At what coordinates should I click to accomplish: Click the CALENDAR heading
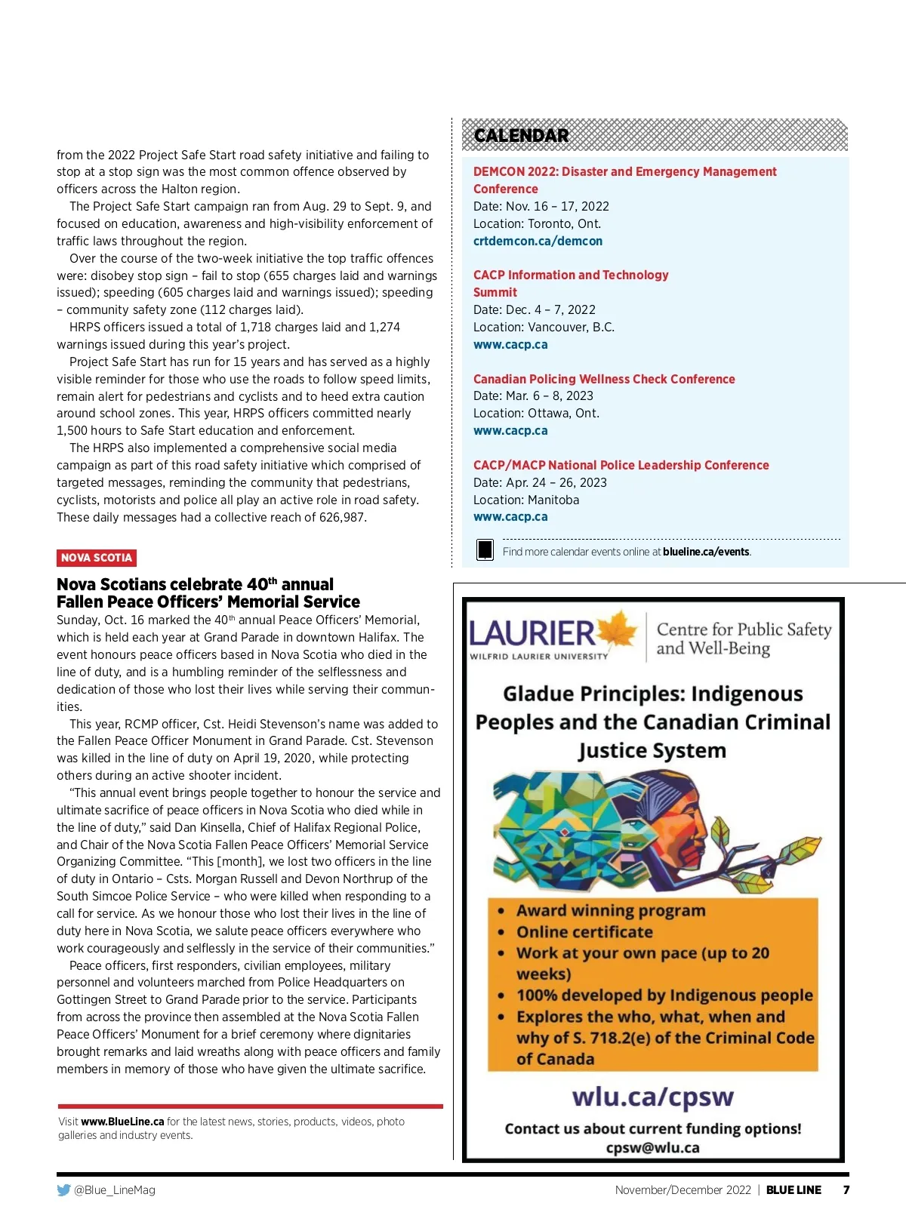coord(521,136)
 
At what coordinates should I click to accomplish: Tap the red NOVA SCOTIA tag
coord(97,558)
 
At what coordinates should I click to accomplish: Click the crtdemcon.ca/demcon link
coord(538,241)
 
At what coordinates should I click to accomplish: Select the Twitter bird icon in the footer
coord(63,1190)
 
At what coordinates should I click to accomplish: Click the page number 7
coord(846,1190)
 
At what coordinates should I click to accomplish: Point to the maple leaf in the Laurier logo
coord(619,629)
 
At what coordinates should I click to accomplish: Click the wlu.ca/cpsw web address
coord(652,1097)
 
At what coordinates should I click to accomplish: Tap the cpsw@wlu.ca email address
coord(652,1148)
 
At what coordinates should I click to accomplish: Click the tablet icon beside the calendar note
coord(485,549)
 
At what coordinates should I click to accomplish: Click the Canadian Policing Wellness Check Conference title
coord(604,379)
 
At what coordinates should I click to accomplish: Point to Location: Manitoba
coord(526,500)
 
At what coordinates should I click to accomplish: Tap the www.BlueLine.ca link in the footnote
coord(122,1122)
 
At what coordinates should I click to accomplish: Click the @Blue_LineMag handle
coord(115,1190)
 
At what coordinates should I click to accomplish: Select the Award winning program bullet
coord(611,911)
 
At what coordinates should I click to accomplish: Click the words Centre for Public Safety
coord(744,629)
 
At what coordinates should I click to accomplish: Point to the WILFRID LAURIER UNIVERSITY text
coord(538,656)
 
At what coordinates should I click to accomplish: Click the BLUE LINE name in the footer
coord(794,1190)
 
